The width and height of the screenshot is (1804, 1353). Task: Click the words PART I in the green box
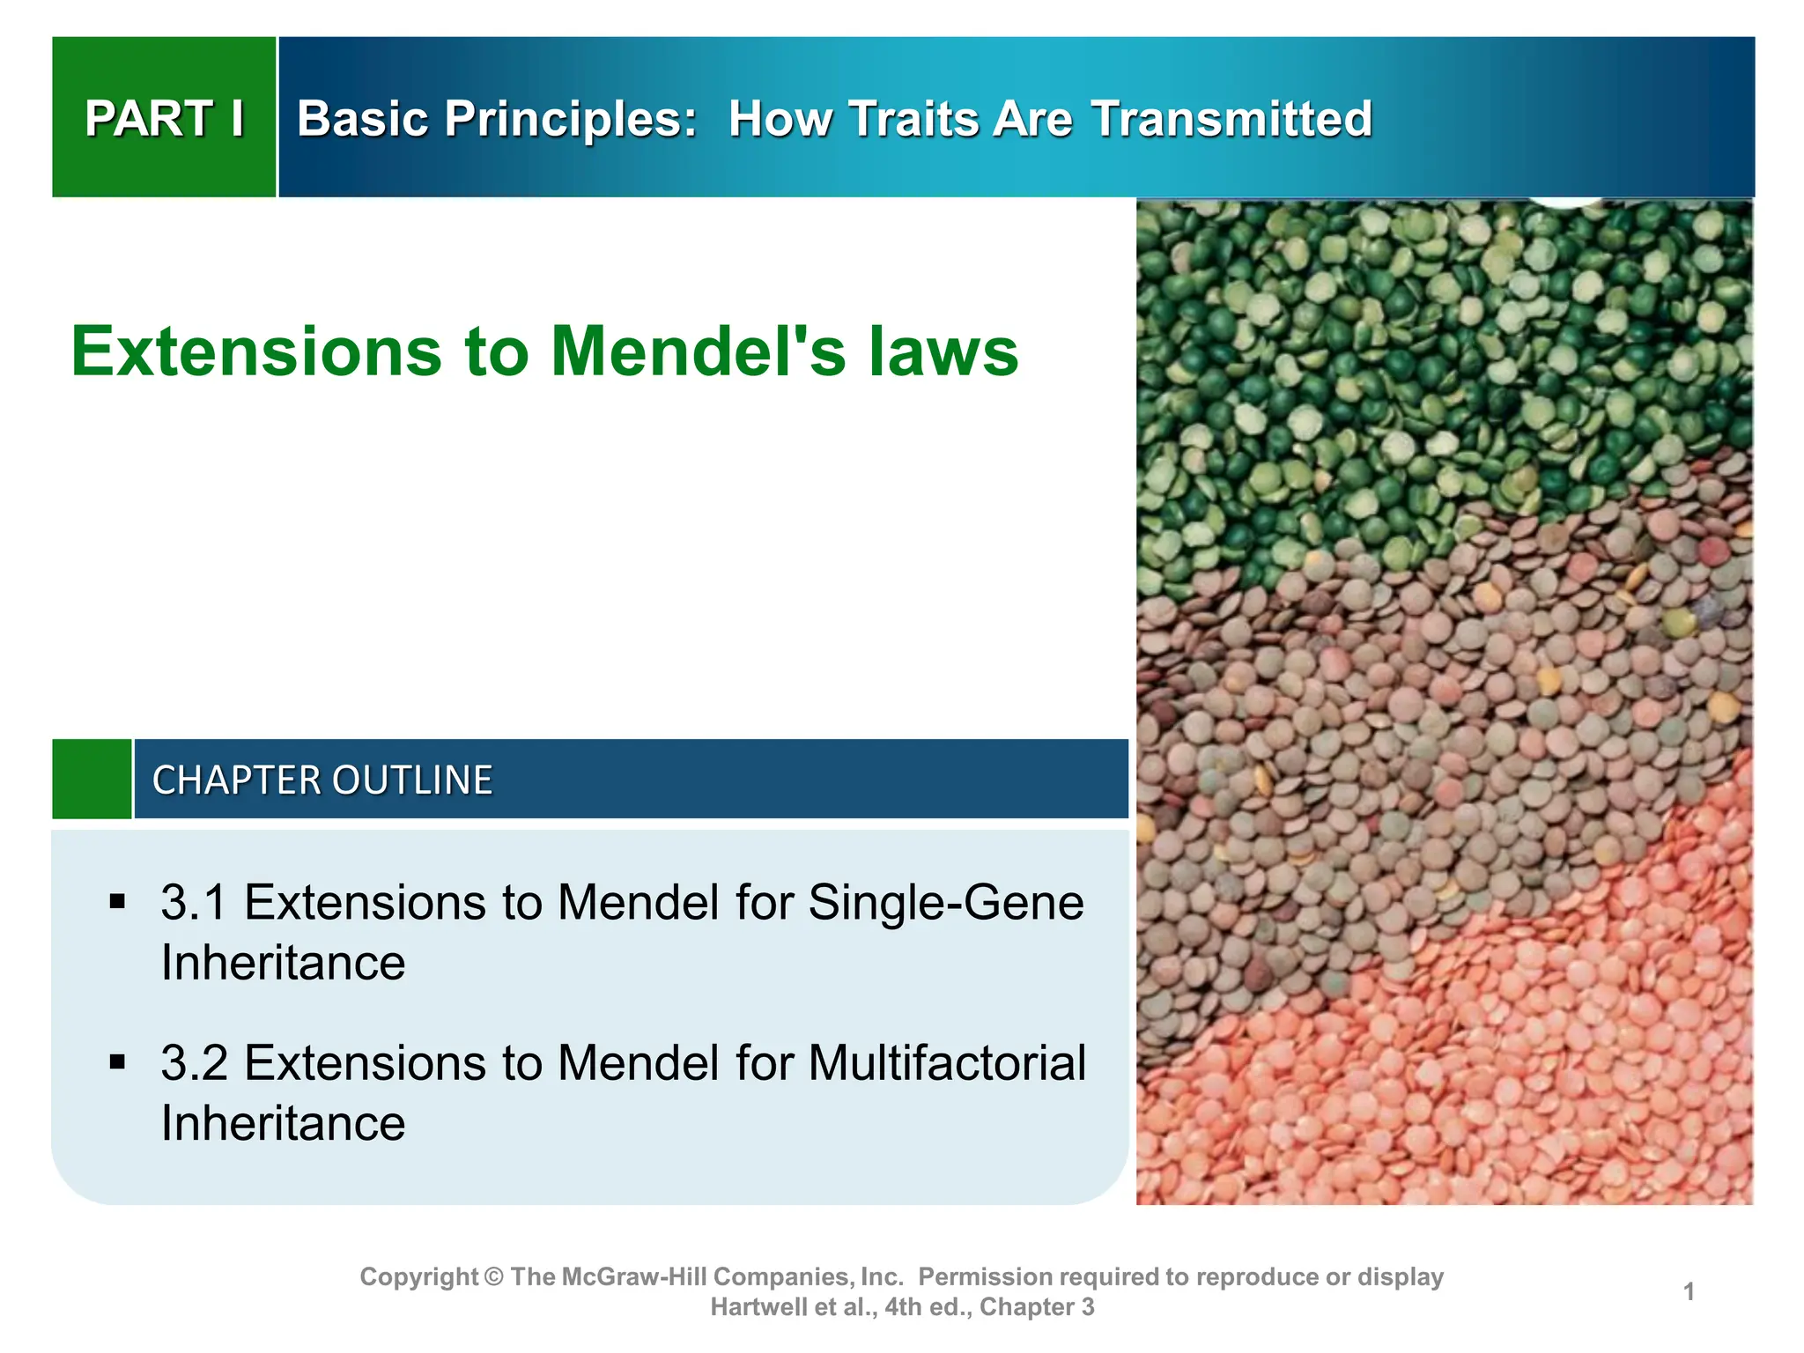tap(165, 119)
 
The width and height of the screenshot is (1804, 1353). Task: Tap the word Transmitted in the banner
tap(1231, 119)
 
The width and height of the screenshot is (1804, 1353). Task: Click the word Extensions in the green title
tap(255, 351)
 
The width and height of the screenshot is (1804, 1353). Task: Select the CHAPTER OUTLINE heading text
tap(322, 780)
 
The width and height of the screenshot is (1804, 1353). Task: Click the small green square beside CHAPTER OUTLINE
tap(92, 780)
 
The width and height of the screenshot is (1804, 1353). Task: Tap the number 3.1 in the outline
tap(194, 902)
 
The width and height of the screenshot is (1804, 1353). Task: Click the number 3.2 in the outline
tap(194, 1062)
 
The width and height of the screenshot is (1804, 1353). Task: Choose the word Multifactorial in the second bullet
tap(946, 1062)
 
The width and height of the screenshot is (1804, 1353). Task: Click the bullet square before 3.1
tap(118, 902)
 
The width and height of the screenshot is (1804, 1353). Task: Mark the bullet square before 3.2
tap(118, 1062)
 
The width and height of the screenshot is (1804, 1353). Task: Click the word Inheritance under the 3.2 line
tap(283, 1123)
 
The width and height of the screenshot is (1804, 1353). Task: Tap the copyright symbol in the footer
tap(493, 1276)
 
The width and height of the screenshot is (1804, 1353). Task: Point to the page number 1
tap(1689, 1291)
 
